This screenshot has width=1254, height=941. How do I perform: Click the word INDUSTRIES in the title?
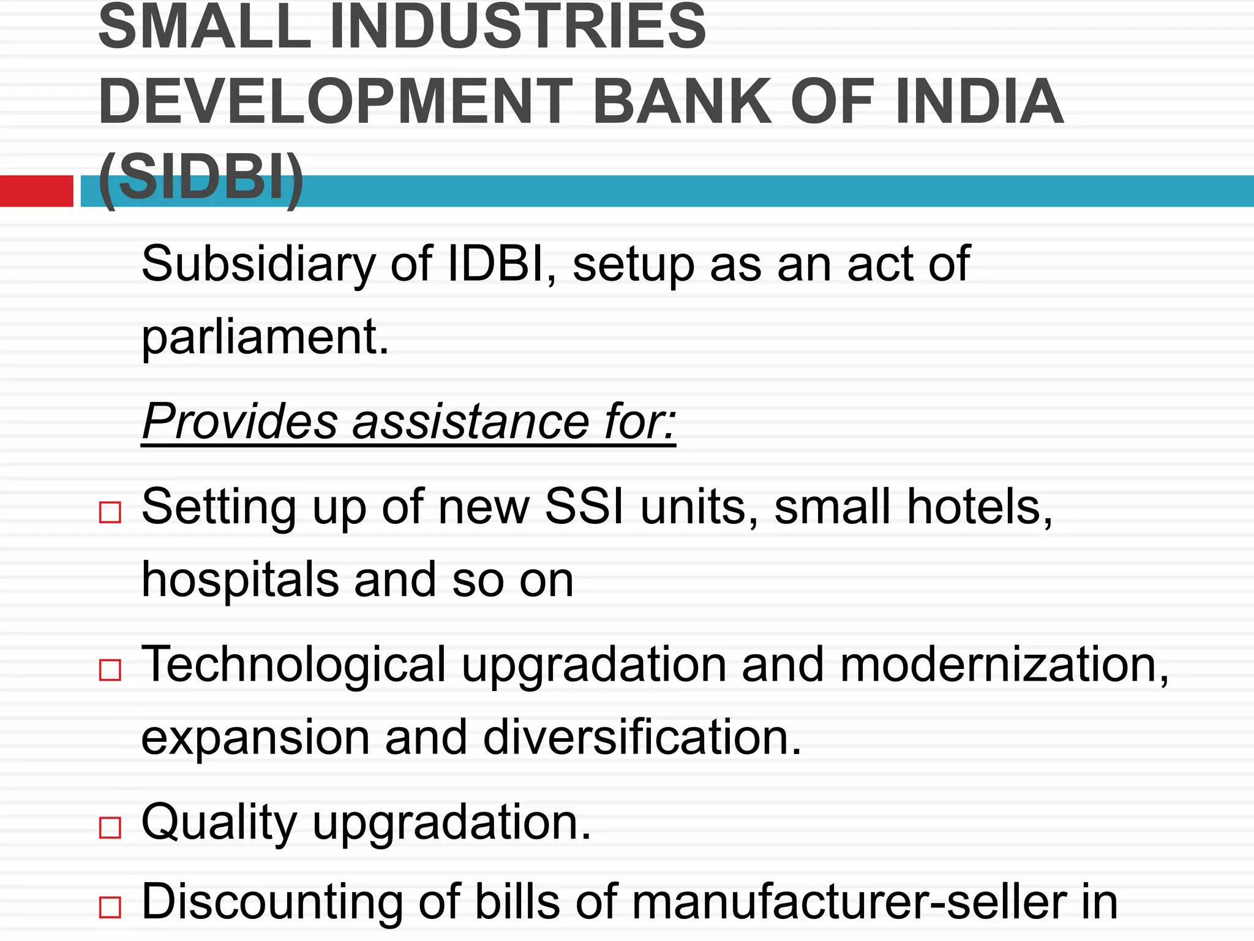[x=518, y=28]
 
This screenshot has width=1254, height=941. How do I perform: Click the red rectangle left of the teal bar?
[x=37, y=191]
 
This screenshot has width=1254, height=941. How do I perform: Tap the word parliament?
[x=265, y=338]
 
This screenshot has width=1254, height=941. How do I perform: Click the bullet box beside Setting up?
[x=110, y=512]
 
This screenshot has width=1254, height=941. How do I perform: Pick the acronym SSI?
[x=584, y=507]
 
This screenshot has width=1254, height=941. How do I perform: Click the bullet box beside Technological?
[x=110, y=670]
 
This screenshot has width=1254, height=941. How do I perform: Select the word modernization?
[x=1004, y=665]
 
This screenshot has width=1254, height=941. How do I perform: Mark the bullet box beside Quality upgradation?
[x=110, y=828]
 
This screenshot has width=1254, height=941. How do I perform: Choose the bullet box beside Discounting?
[x=110, y=907]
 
